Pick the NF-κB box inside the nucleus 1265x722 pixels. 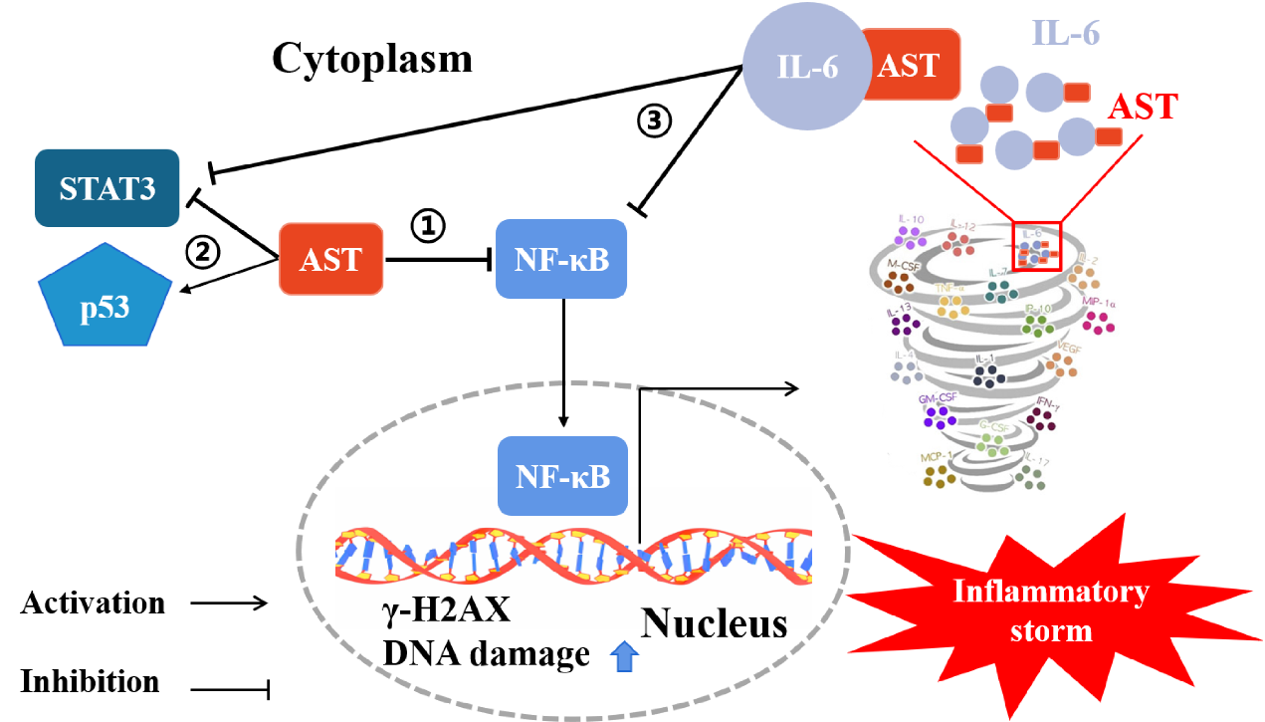561,476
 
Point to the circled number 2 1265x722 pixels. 203,256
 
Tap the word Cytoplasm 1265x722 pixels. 372,61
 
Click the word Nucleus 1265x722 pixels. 714,623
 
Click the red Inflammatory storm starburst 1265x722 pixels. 1049,610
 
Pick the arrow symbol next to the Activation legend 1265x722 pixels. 229,603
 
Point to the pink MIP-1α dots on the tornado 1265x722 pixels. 1099,321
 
